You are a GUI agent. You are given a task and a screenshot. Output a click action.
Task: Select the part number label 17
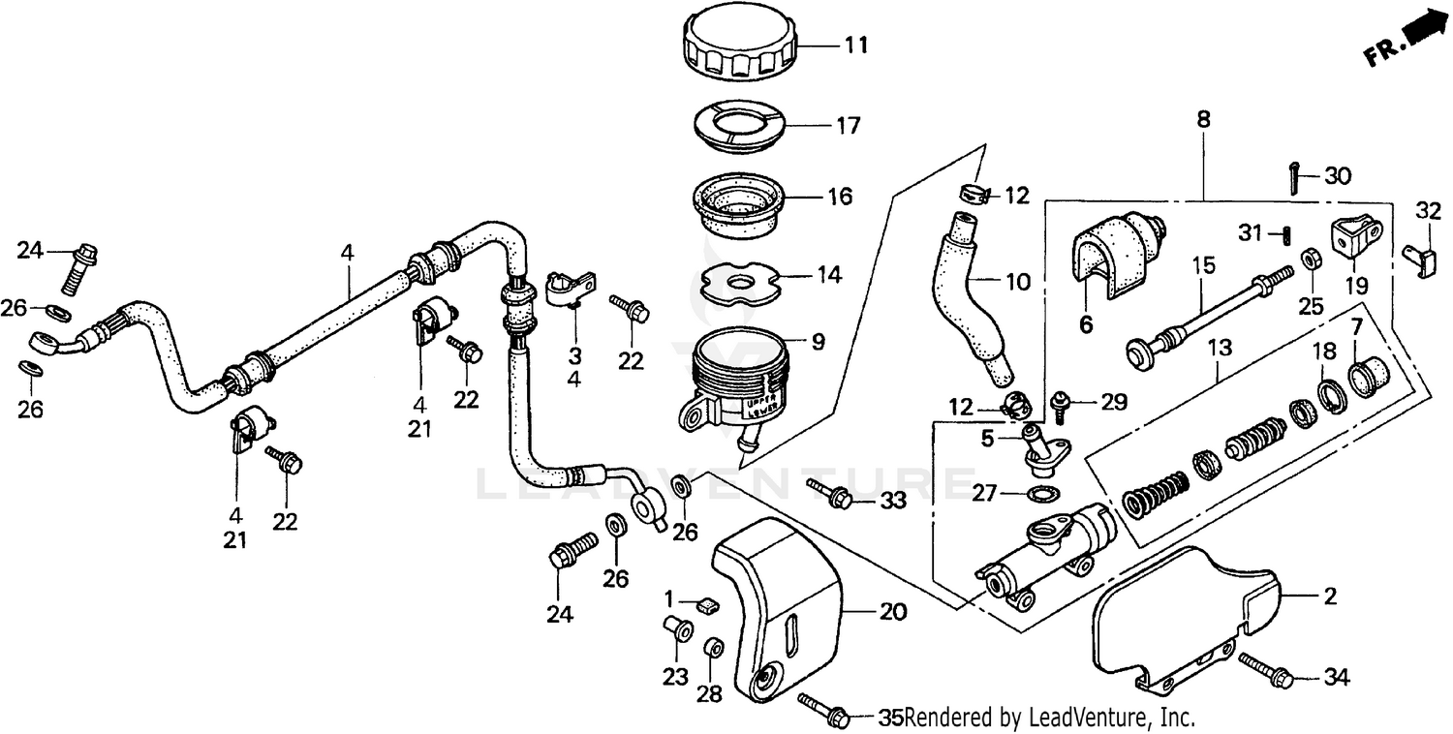click(849, 126)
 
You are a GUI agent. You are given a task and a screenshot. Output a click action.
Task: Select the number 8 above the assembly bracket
click(1203, 121)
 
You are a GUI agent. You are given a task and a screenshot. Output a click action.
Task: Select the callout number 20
click(892, 612)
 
